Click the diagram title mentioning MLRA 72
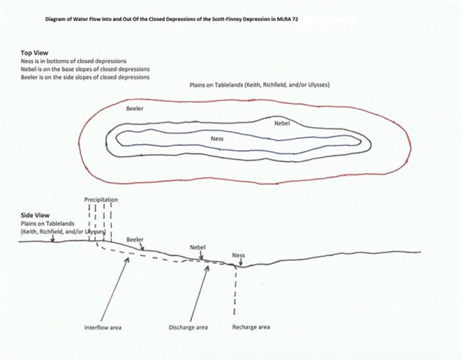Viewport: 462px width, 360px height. pos(172,20)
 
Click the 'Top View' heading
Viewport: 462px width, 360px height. pos(35,53)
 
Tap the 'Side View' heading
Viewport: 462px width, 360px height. pos(35,215)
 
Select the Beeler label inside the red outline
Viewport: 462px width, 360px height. pos(135,109)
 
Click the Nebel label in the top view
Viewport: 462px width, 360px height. pos(282,123)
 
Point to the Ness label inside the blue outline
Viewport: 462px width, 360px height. pos(217,139)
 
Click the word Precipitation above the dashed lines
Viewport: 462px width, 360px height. pos(101,199)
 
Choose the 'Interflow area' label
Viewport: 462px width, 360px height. pos(103,328)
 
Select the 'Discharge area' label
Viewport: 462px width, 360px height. pos(188,328)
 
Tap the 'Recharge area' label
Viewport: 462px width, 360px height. pos(251,327)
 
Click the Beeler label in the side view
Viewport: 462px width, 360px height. pos(135,240)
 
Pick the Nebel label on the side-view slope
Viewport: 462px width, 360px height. pos(198,247)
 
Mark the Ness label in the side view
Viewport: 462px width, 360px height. pos(239,255)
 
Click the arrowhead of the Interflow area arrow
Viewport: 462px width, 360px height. pos(127,259)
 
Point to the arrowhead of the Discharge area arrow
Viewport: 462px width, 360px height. pos(207,268)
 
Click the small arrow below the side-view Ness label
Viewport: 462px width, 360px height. pos(241,262)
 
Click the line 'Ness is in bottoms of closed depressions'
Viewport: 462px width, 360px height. pos(74,61)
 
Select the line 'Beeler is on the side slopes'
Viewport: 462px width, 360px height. pos(85,77)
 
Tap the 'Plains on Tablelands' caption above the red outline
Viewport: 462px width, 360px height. pos(259,85)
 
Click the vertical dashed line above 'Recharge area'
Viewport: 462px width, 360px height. pos(235,291)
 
